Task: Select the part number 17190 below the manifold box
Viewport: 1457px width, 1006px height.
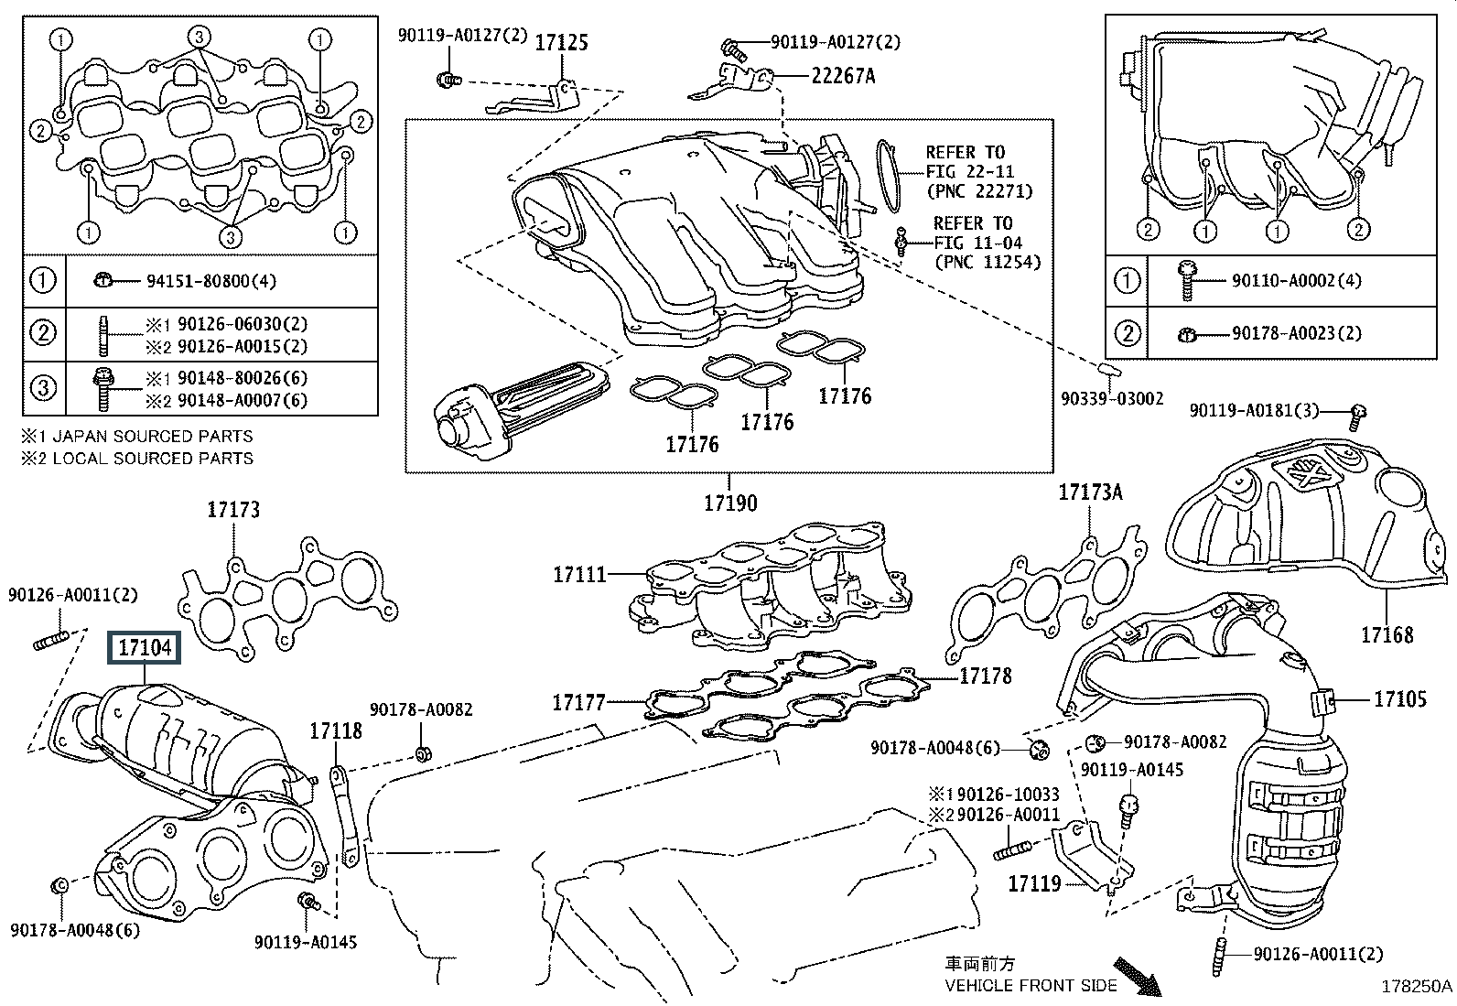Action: tap(730, 503)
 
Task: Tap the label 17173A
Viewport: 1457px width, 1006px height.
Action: tap(1090, 492)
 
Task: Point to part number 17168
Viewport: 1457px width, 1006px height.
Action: tap(1387, 634)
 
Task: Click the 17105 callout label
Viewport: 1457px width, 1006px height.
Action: tap(1399, 699)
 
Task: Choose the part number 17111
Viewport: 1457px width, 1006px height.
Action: tap(579, 575)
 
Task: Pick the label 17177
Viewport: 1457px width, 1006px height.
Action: tap(578, 703)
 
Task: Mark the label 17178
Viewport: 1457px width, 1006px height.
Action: tap(986, 676)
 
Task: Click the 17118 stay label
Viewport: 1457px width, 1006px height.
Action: tap(335, 730)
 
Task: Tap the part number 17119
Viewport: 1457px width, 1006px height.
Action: tap(1034, 883)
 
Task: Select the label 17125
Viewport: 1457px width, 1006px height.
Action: tap(561, 43)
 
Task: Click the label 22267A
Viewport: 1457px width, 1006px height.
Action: tap(842, 76)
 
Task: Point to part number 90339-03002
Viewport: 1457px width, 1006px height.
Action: tap(1112, 398)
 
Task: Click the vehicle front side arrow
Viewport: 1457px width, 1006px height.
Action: tap(1137, 977)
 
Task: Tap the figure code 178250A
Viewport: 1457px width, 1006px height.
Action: tap(1417, 987)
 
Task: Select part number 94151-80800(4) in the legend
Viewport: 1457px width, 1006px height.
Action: tap(210, 281)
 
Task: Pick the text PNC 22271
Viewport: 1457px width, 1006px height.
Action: tap(979, 191)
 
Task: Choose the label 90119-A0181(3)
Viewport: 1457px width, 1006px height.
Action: tap(1254, 411)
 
